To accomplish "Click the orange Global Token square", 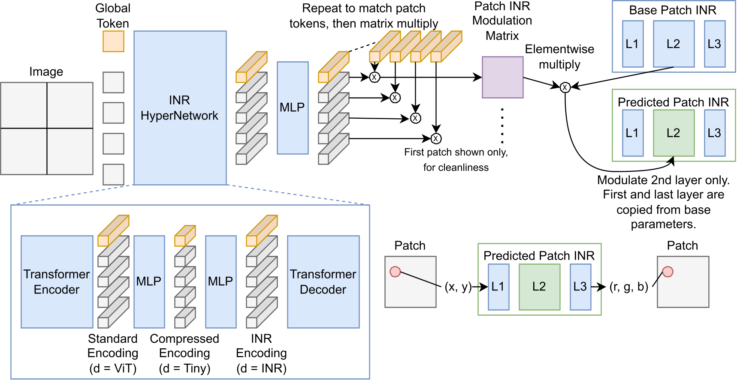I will coord(113,41).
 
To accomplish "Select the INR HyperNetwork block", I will coord(180,108).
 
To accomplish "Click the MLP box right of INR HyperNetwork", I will coord(293,108).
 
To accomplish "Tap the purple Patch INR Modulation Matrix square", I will coord(502,77).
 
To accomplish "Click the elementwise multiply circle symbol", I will coord(565,87).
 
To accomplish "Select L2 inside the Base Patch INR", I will coord(674,44).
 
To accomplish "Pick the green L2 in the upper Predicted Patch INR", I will coord(674,133).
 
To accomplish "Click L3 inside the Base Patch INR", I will coord(714,44).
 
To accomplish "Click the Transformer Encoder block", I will coord(57,281).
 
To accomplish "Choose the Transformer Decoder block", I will coord(323,281).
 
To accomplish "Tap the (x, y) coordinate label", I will coord(458,287).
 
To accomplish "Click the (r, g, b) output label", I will coord(628,287).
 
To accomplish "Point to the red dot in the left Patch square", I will coord(395,272).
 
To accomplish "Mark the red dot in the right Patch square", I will coord(668,272).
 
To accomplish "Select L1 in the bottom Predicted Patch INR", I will coord(498,287).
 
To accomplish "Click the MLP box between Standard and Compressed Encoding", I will coord(149,281).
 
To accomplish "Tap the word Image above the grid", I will coord(46,72).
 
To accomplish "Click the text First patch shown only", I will coord(456,152).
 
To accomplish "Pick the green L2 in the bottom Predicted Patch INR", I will coord(539,287).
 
